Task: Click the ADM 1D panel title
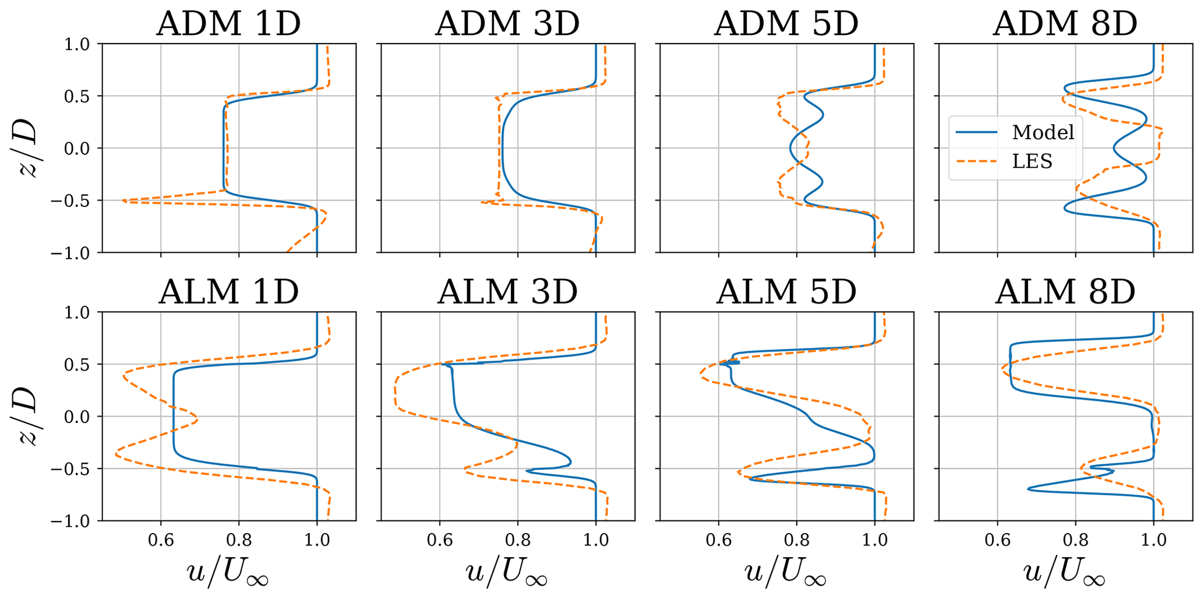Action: (228, 24)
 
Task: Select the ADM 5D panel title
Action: (786, 24)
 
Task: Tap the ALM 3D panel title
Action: (507, 292)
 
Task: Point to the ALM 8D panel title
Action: (1065, 292)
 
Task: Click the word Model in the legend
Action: (1043, 133)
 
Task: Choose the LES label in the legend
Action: (1032, 161)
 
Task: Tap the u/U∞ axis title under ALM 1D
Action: (228, 573)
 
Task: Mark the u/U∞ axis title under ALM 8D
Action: (1065, 573)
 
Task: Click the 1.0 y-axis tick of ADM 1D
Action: (77, 44)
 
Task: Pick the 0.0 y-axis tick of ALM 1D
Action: (77, 417)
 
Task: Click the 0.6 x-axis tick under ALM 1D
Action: (161, 540)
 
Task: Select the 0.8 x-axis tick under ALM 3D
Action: (518, 540)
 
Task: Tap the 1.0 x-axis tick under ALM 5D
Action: (874, 540)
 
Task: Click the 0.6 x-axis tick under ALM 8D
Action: (998, 540)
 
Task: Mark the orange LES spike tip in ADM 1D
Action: (123, 200)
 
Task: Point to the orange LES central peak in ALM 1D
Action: (197, 420)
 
